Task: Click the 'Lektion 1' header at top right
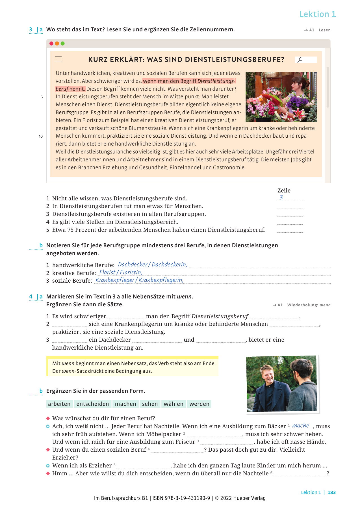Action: [x=317, y=14]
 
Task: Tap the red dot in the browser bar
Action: [x=51, y=44]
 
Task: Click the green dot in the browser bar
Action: [x=63, y=44]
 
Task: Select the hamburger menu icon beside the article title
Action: [x=58, y=59]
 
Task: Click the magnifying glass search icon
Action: [x=300, y=60]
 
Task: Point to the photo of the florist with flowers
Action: [x=281, y=97]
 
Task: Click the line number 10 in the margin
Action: [x=41, y=136]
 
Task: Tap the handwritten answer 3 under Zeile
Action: [x=281, y=197]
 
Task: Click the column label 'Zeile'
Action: [x=284, y=190]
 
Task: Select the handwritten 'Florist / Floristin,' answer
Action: [x=121, y=272]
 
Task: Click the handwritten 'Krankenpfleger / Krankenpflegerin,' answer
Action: [x=140, y=280]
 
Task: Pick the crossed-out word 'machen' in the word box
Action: [x=125, y=404]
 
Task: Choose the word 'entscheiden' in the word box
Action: [x=93, y=404]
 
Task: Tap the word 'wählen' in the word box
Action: [x=174, y=404]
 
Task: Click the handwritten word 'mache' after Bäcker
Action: [x=301, y=425]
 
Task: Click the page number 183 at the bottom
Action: [x=331, y=492]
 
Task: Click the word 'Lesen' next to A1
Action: [x=324, y=30]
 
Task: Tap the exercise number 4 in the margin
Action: [x=31, y=296]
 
